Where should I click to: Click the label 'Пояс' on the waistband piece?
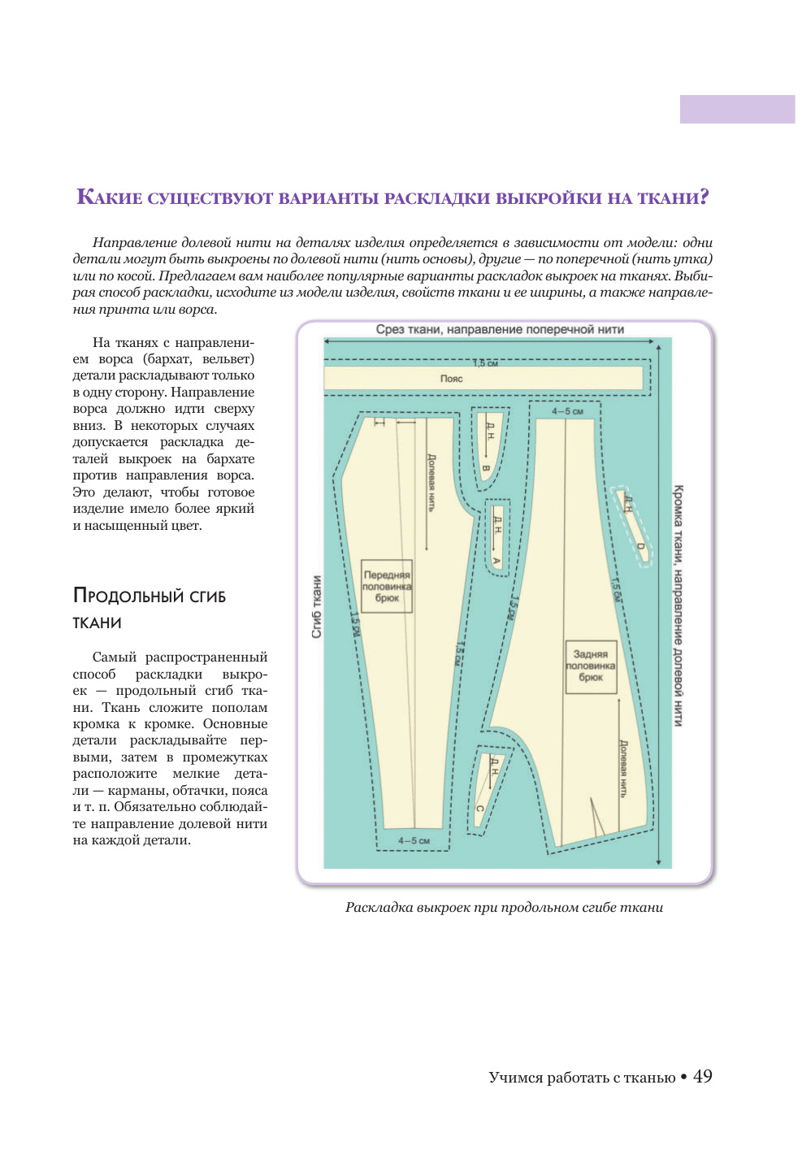(x=451, y=379)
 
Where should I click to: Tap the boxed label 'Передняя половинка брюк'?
(x=387, y=586)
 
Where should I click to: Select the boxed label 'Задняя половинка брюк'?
(x=591, y=666)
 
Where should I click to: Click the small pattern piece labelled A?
(x=496, y=539)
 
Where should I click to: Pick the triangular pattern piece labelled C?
(x=488, y=788)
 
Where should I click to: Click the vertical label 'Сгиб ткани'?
(x=317, y=606)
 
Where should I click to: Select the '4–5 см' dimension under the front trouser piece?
(x=414, y=840)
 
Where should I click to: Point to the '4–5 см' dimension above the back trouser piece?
(x=567, y=411)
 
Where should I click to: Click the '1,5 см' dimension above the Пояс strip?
(x=486, y=363)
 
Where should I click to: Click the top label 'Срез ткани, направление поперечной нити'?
(x=500, y=330)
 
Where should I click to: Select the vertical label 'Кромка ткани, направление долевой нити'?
(x=678, y=605)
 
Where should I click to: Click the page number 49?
(x=703, y=1077)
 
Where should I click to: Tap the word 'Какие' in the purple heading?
(x=109, y=197)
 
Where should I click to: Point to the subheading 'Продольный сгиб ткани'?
(x=149, y=608)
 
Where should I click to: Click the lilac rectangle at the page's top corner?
(x=737, y=110)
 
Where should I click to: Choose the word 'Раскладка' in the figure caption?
(x=379, y=907)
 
